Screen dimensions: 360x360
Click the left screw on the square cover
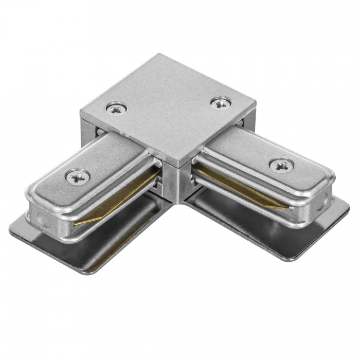pos(116,109)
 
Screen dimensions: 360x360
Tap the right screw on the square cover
pos(221,102)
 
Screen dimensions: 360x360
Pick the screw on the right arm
pos(281,165)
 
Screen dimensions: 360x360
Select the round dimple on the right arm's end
pos(322,201)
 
